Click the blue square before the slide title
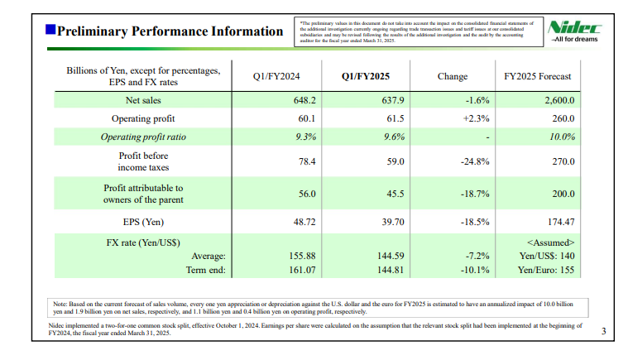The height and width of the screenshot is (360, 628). pos(50,31)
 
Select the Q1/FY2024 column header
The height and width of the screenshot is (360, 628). pos(277,77)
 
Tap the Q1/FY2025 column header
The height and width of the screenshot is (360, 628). pos(365,77)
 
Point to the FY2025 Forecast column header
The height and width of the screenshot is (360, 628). pos(539,77)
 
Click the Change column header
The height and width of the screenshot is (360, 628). pos(452,77)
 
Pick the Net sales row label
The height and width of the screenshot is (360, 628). pos(137,100)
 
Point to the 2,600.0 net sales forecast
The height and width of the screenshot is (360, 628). pos(558,100)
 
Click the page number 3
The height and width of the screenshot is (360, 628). pos(603,333)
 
